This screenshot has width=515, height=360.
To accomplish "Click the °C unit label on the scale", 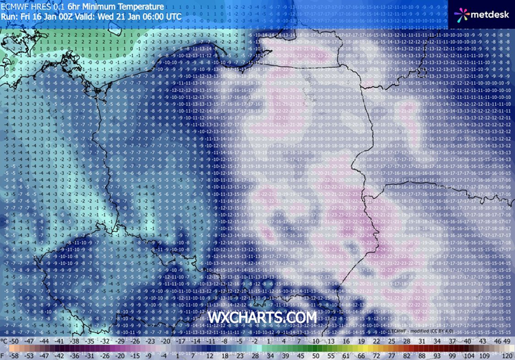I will click(x=5, y=341).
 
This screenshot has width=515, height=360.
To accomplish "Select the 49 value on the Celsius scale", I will click(x=508, y=341).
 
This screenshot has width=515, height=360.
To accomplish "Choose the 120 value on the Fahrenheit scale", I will click(x=507, y=355).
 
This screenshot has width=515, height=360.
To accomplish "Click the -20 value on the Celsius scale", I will click(x=166, y=341).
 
